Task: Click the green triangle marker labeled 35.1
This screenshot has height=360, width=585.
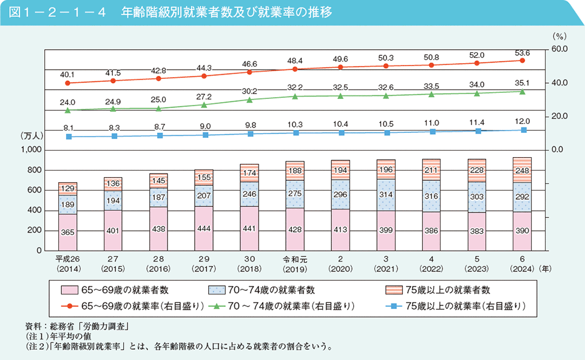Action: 522,91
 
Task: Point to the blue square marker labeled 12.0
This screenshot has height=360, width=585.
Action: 522,130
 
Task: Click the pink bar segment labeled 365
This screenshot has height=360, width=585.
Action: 68,233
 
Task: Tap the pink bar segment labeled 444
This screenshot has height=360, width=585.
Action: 204,228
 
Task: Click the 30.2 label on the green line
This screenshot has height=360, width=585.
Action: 249,90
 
